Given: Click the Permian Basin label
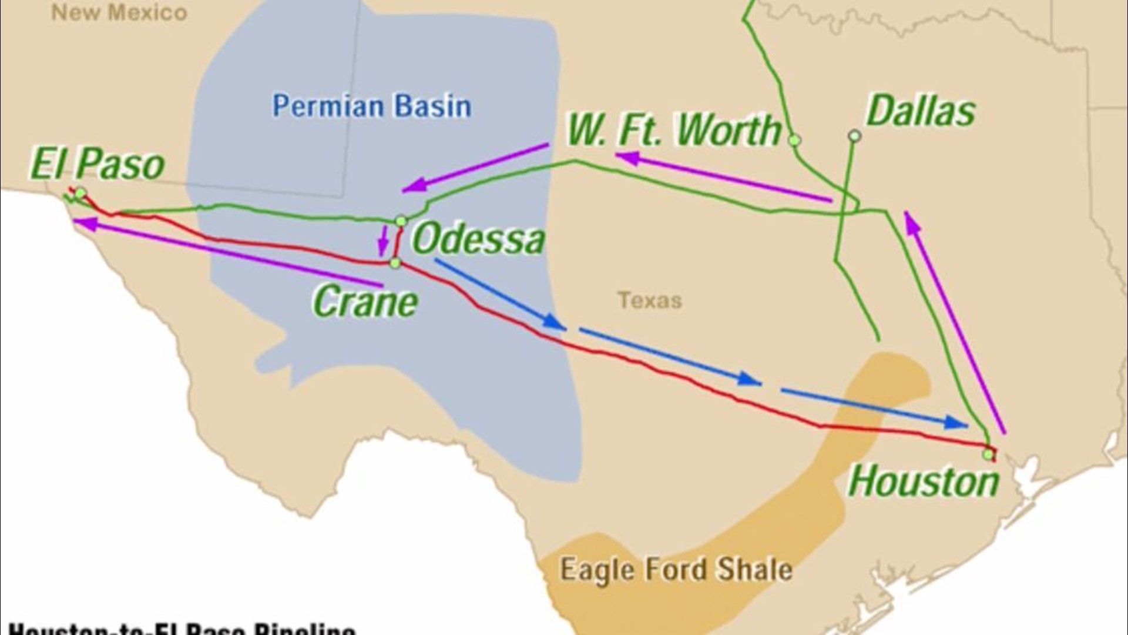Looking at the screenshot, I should coord(371,106).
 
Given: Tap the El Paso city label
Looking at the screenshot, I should coord(97,164).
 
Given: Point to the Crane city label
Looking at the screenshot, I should coord(365,302).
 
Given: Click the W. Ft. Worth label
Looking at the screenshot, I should coord(674,130).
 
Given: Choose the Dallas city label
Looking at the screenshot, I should coord(921,111).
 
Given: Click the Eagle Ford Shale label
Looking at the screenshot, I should coord(676,569).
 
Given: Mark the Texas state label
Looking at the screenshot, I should coord(649,300).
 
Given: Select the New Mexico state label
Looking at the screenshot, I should coord(119,12).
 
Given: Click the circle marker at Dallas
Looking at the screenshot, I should coord(854,136).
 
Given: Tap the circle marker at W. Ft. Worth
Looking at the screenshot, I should coord(794,140).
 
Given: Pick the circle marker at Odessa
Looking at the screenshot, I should coord(401,221).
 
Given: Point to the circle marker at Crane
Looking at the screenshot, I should coord(395,263).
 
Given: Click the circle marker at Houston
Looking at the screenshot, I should coord(988,454).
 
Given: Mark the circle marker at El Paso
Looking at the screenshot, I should coord(81,193).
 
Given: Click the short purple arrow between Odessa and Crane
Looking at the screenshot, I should coord(384,242).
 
